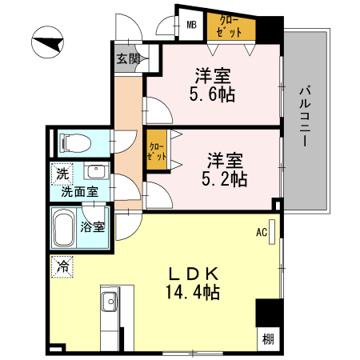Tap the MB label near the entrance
point(192,25)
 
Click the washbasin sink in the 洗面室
point(96,174)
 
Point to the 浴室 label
point(93,226)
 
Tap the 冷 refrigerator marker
point(62,265)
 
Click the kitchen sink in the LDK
point(110,304)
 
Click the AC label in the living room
point(261,234)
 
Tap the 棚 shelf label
point(267,339)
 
